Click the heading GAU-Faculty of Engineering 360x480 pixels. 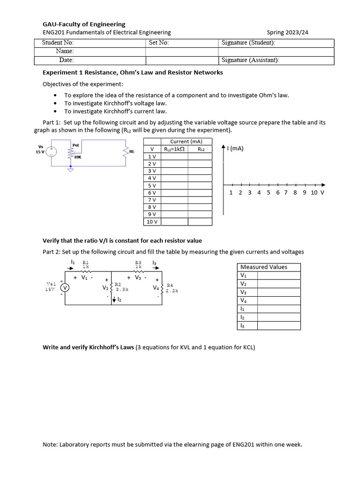[x=84, y=24]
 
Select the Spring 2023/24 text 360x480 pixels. [x=287, y=32]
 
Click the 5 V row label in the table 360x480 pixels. [x=152, y=186]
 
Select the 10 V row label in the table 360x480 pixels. [x=152, y=222]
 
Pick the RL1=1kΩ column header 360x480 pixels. [x=174, y=149]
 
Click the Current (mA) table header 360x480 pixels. [x=186, y=141]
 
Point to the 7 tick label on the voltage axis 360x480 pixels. [x=286, y=192]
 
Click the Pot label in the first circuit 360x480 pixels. [x=76, y=145]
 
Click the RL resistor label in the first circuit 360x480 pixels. [x=132, y=151]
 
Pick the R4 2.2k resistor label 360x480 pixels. [x=172, y=288]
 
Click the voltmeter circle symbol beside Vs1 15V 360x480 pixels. [x=65, y=288]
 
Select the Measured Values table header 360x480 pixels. [x=263, y=267]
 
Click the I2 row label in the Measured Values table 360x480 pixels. [x=242, y=317]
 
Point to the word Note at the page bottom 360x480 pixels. [x=50, y=444]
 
